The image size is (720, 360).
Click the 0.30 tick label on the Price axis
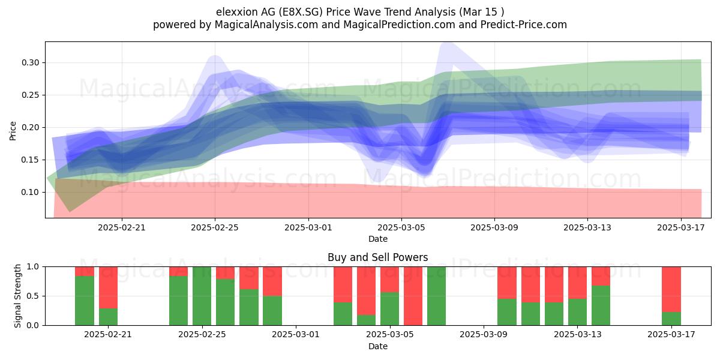30,62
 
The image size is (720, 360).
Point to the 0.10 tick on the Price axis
44,192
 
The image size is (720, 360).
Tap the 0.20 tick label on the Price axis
30,127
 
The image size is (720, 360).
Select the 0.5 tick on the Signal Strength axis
44,296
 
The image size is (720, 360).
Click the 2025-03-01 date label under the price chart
308,227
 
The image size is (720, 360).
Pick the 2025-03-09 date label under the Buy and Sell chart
484,334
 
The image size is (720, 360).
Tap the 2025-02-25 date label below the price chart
215,227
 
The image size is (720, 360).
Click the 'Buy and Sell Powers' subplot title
377,257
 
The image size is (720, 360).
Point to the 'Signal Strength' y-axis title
17,296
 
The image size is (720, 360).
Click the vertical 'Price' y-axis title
13,131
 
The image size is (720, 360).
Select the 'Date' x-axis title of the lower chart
377,346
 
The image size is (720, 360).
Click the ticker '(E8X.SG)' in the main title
300,12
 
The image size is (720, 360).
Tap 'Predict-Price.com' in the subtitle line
524,25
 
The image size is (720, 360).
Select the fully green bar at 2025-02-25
202,296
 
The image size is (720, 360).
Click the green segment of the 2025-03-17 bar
671,319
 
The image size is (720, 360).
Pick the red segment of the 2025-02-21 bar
108,287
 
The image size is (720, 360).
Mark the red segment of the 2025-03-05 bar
389,280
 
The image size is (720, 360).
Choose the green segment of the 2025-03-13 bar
577,312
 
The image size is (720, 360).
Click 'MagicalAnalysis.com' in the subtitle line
266,25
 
